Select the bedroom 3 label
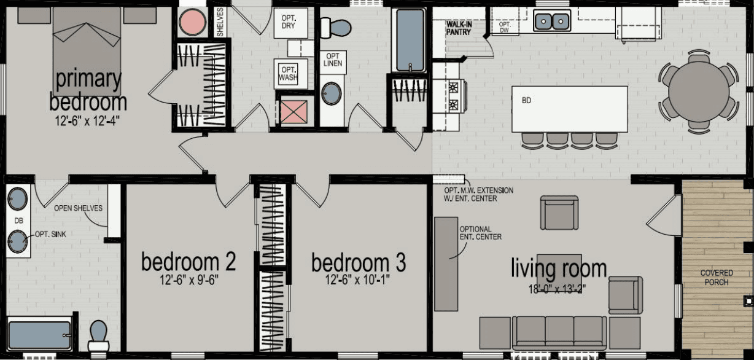pos(359,263)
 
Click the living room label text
pos(559,268)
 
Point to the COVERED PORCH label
pos(716,278)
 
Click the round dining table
pos(698,91)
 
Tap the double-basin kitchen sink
pos(551,22)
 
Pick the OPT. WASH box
pos(287,74)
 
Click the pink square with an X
pos(293,112)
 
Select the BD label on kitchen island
pos(526,101)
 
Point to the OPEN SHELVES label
pos(78,208)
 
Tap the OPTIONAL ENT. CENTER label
pos(481,233)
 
